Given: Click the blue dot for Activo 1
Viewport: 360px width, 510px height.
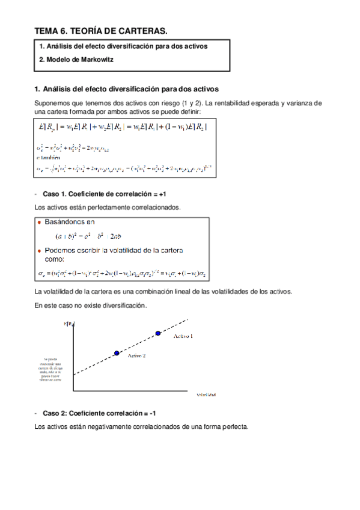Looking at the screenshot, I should [x=158, y=333].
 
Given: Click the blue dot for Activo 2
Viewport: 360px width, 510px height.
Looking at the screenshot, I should [x=117, y=353].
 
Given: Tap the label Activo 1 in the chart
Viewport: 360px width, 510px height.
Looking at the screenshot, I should [x=183, y=336].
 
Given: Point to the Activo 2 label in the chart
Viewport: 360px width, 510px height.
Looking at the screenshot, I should [x=137, y=356].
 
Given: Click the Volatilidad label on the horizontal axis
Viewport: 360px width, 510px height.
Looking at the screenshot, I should [x=206, y=395].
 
